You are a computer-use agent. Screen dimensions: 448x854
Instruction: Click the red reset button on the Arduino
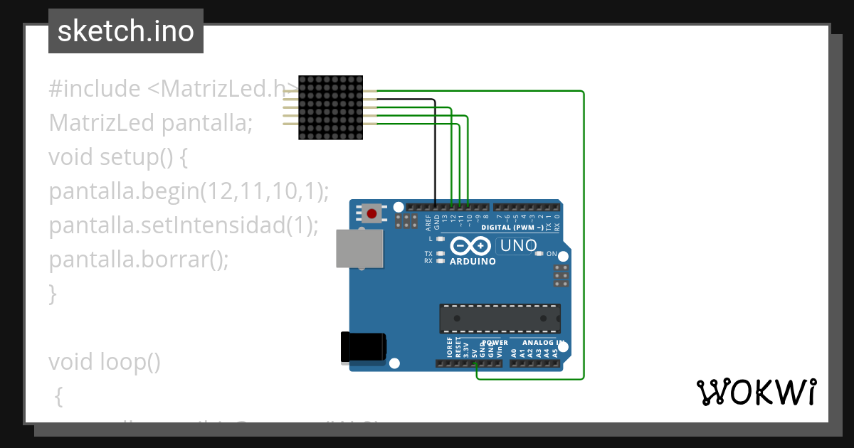tap(371, 213)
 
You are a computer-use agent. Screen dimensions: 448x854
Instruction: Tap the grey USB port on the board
tap(359, 249)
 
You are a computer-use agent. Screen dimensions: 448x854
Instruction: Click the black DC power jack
tap(364, 346)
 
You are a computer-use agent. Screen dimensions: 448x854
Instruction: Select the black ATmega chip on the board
tap(500, 319)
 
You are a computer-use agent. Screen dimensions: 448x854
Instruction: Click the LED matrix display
tap(330, 107)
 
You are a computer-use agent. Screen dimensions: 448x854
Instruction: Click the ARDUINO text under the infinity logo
tap(473, 262)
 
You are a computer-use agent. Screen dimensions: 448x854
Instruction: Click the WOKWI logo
tap(756, 392)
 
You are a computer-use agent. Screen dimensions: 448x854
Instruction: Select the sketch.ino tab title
tap(126, 31)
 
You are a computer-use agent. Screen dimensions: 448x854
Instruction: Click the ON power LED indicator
tap(539, 254)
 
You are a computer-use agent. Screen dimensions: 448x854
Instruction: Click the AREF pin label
tap(428, 223)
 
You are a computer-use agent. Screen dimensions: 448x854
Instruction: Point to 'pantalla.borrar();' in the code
tap(139, 260)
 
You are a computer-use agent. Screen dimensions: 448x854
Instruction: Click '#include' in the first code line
tap(95, 89)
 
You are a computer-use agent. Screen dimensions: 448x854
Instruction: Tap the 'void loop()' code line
tap(104, 362)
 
